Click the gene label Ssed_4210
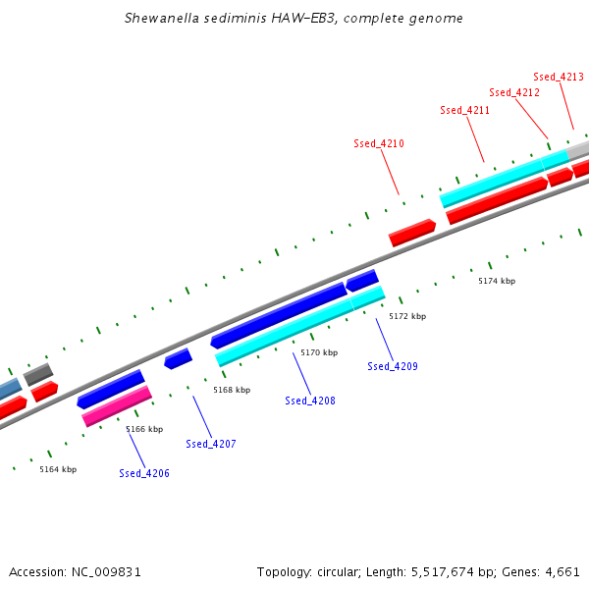click(379, 143)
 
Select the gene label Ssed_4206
click(144, 473)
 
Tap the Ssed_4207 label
click(211, 444)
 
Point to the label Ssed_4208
click(310, 401)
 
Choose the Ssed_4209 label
click(393, 366)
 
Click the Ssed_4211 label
click(465, 110)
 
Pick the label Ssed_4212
click(514, 92)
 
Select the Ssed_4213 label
click(559, 77)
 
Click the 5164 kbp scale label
click(58, 469)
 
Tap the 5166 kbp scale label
click(144, 429)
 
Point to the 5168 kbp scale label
click(232, 390)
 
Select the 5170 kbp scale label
click(319, 352)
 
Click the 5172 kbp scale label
click(407, 316)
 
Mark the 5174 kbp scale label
click(497, 281)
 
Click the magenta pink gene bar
click(117, 405)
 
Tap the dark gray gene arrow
click(38, 373)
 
